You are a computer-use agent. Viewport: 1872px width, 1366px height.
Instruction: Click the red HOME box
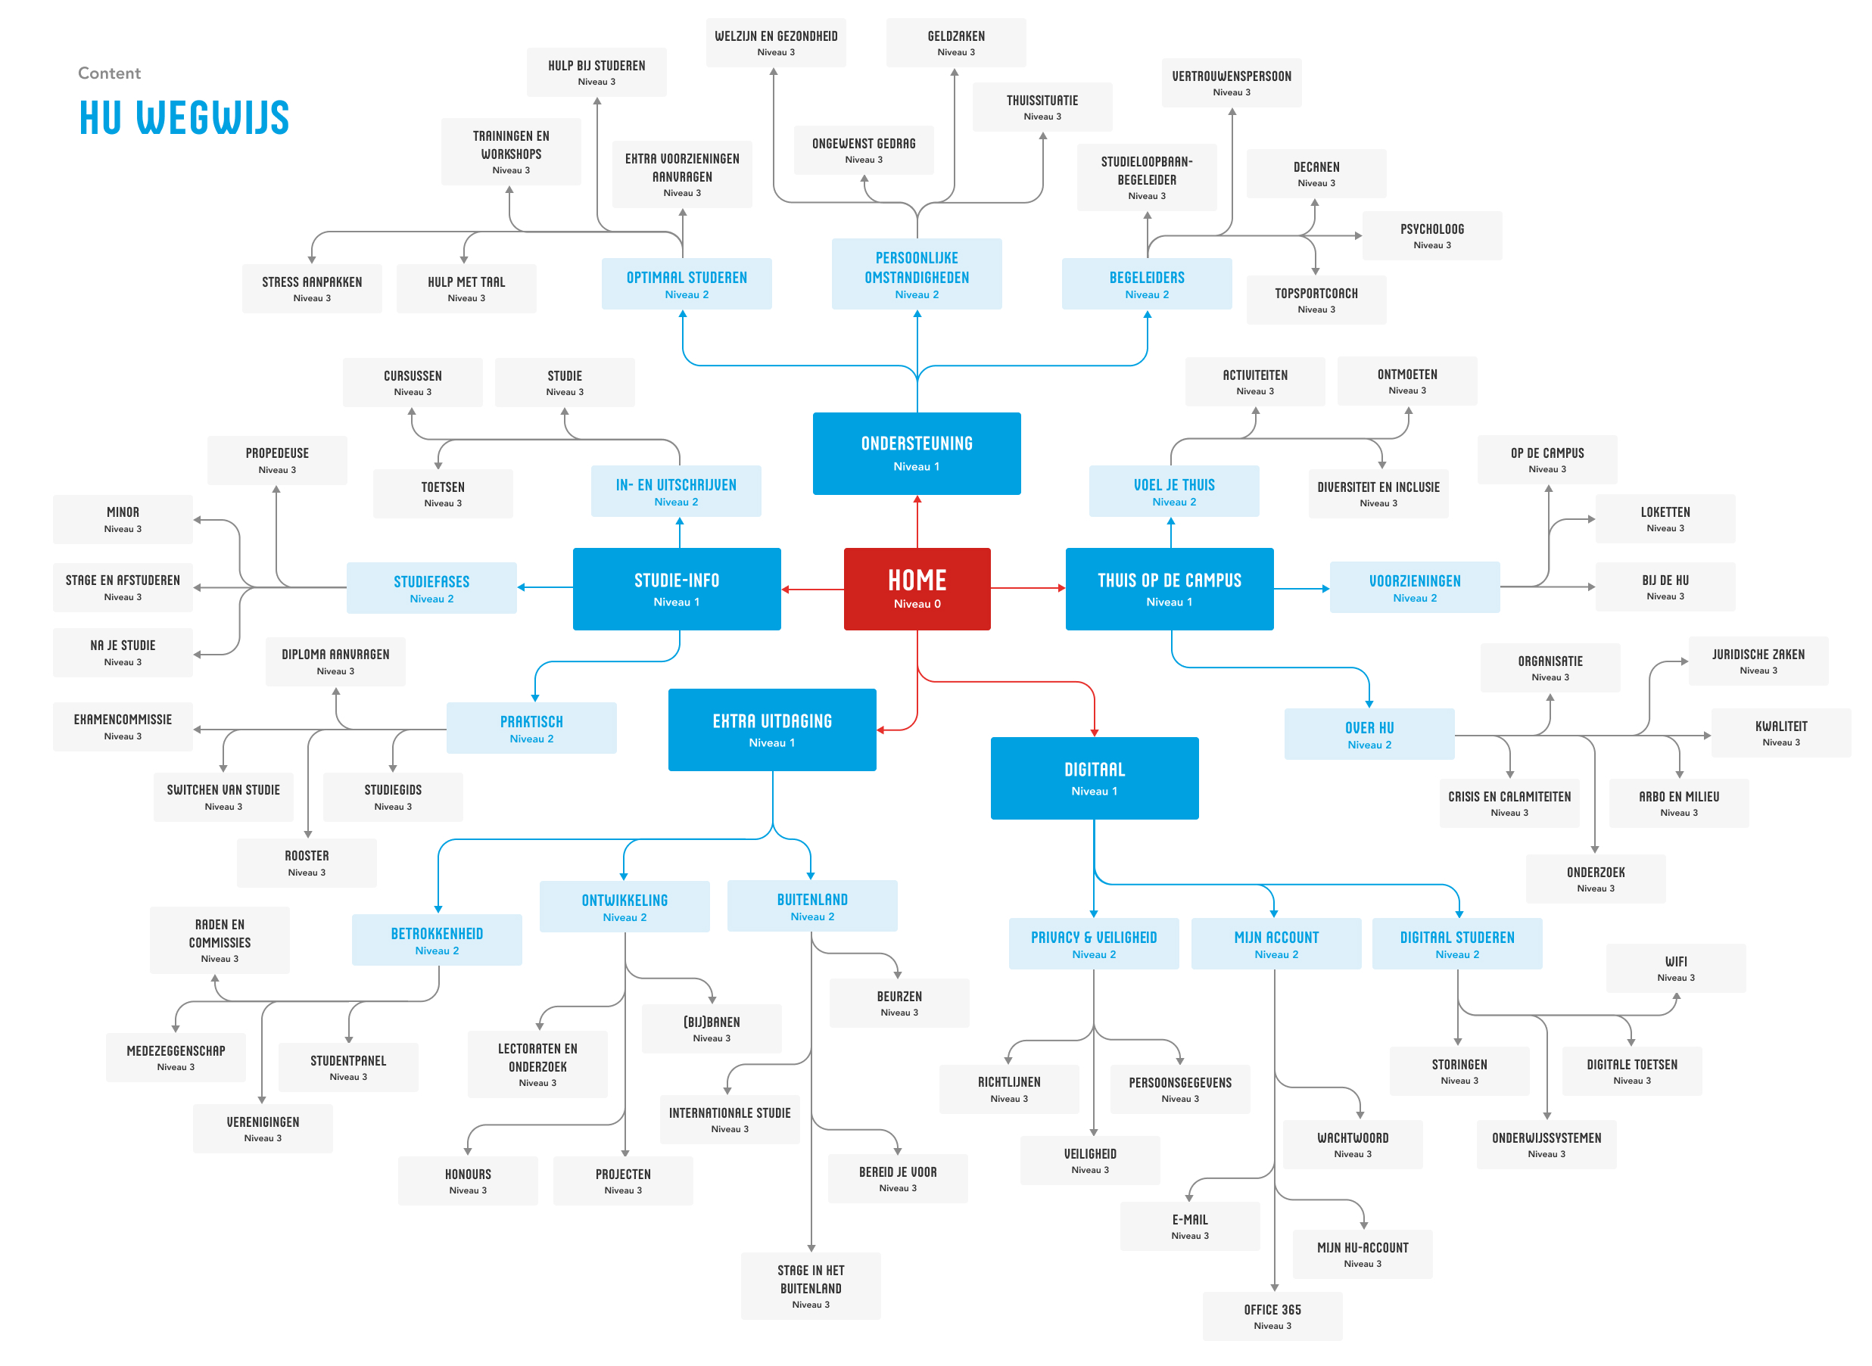coord(916,588)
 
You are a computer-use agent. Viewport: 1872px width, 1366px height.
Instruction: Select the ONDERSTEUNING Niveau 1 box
coord(916,453)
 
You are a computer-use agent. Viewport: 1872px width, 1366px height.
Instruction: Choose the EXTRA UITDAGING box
coord(771,730)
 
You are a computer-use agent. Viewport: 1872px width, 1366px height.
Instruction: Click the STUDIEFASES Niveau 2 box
coord(431,588)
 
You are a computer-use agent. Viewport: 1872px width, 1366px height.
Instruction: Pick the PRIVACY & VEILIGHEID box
coord(1093,944)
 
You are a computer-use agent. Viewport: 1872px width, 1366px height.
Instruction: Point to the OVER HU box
coord(1369,733)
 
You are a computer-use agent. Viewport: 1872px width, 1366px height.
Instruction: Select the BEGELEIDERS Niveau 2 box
coord(1146,284)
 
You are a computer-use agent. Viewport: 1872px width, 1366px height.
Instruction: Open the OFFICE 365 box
coord(1272,1315)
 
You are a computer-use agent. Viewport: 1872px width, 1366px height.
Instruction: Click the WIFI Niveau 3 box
coord(1675,967)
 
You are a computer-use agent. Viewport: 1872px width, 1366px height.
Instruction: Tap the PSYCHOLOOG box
coord(1431,235)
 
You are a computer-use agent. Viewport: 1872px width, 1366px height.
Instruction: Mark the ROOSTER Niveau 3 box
coord(306,863)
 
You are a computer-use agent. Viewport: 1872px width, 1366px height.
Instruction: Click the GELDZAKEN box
coord(955,42)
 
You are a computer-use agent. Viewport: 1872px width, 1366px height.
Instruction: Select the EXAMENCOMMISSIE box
coord(123,726)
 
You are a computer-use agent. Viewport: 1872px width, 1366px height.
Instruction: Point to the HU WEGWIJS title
coord(183,117)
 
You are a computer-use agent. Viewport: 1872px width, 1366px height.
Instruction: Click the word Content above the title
coord(109,73)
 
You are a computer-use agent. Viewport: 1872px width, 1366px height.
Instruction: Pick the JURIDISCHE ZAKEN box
coord(1757,661)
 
